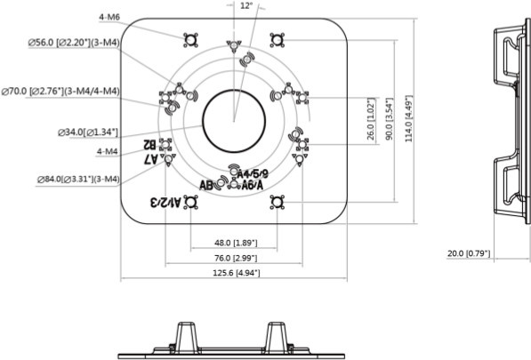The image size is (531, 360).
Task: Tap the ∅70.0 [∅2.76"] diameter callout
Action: pyautogui.click(x=61, y=91)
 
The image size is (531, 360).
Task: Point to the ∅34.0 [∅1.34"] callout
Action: pyautogui.click(x=87, y=132)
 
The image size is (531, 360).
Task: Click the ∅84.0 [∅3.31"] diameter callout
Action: pyautogui.click(x=77, y=179)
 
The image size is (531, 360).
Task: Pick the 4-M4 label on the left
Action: pyautogui.click(x=107, y=151)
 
